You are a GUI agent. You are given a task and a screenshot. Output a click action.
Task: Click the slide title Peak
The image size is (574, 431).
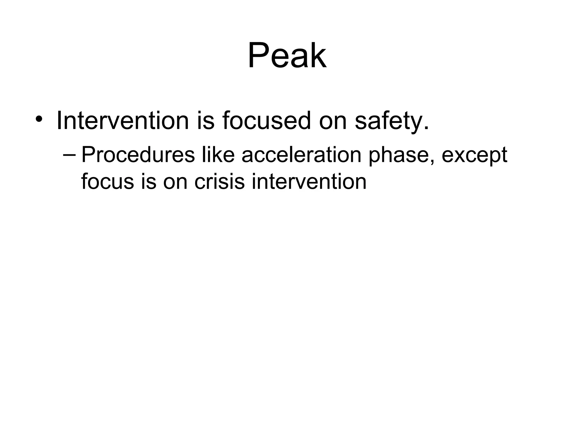(x=287, y=55)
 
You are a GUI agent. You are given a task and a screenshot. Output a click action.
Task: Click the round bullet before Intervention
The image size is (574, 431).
(x=39, y=120)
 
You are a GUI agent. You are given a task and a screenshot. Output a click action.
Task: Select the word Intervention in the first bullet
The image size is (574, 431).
(x=122, y=121)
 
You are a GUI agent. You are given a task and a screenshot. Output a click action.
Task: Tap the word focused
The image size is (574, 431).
(x=267, y=121)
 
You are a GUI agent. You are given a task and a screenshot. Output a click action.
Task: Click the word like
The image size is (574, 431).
(x=218, y=155)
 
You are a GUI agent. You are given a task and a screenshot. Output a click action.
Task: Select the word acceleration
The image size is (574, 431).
(x=301, y=155)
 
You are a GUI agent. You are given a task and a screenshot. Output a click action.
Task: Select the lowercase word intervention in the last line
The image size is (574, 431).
(x=309, y=182)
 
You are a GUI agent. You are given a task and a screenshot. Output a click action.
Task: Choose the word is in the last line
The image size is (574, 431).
(x=148, y=182)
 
